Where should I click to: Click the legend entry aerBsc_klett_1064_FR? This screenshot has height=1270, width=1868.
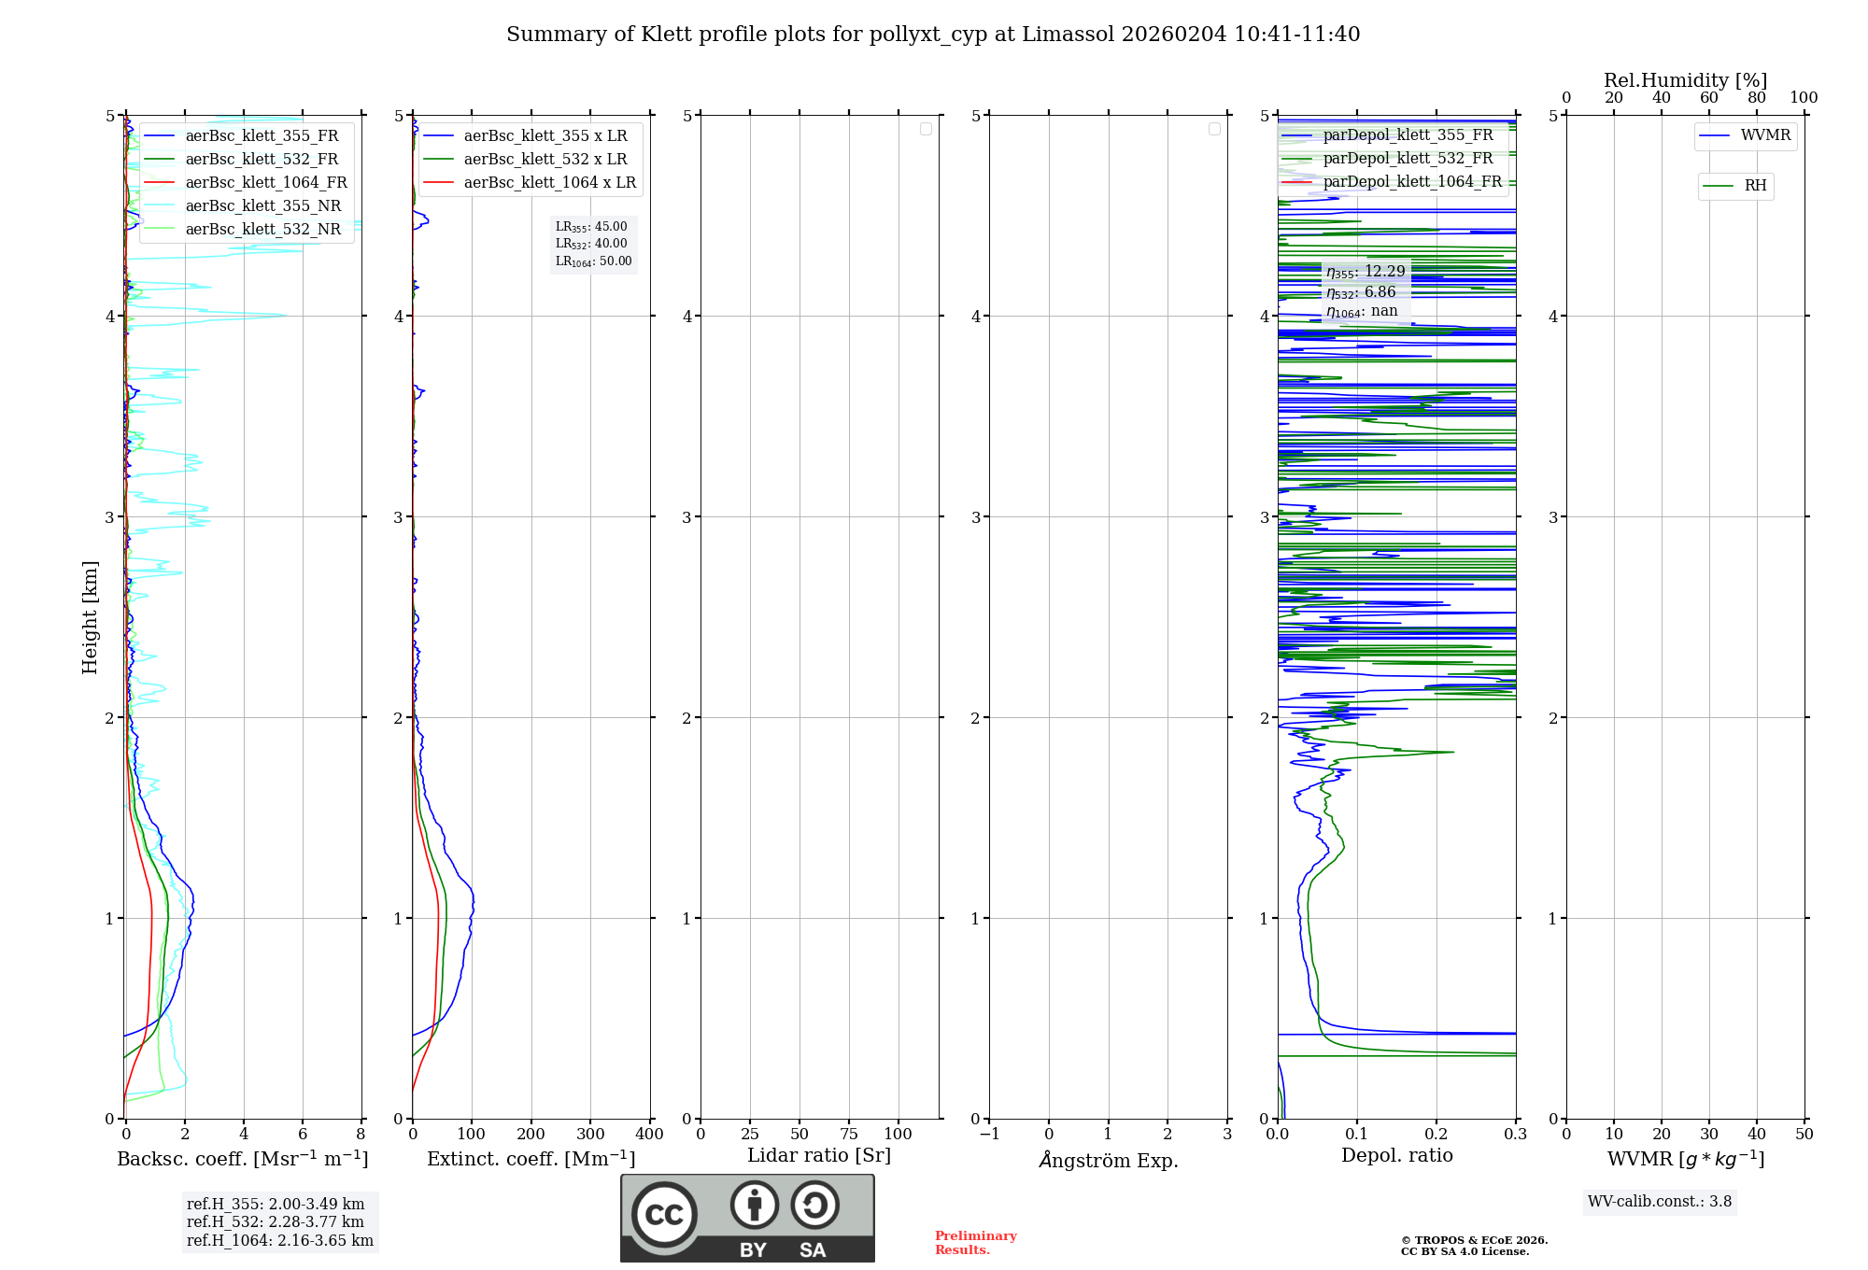[246, 182]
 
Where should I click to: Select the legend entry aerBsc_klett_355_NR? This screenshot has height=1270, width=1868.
[243, 205]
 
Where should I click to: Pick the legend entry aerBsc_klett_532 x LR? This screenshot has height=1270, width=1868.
[525, 159]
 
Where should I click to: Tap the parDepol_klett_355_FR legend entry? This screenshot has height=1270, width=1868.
[1387, 134]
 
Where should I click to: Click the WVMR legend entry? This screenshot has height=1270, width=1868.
[1745, 135]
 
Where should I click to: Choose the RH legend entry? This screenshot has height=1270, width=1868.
[1735, 186]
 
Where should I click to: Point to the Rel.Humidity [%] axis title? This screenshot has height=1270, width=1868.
[1686, 80]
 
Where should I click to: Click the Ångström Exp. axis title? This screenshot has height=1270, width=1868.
[1109, 1160]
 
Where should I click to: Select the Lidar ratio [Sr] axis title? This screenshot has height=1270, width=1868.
[819, 1156]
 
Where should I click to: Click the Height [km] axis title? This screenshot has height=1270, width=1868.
[90, 617]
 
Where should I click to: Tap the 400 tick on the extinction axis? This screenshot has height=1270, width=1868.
[649, 1134]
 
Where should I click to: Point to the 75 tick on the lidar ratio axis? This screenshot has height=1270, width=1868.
[849, 1134]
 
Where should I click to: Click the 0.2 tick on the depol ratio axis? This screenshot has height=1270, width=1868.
[1436, 1134]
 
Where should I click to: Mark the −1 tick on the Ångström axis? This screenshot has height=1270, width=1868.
[990, 1134]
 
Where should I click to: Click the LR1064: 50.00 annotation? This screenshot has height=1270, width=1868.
[594, 261]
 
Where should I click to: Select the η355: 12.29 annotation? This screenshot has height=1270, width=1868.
[1366, 272]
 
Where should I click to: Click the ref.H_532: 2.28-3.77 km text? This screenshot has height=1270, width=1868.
[276, 1221]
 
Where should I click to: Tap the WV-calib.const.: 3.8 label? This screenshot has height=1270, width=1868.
[1660, 1202]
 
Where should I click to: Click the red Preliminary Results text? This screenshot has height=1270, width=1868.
[976, 1243]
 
